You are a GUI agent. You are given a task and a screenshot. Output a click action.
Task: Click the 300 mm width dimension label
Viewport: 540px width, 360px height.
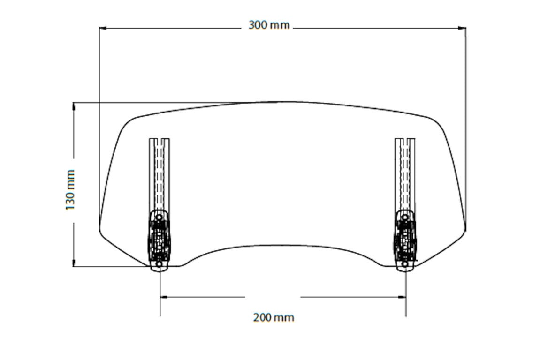(269, 25)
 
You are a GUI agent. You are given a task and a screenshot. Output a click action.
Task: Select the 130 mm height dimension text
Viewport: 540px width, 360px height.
(70, 190)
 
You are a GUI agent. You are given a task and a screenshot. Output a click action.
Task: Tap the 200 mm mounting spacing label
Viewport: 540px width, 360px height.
(274, 317)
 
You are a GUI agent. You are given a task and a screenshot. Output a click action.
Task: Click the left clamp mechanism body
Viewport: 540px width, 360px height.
(160, 239)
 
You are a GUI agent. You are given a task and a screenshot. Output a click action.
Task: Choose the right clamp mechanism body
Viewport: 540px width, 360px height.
(405, 239)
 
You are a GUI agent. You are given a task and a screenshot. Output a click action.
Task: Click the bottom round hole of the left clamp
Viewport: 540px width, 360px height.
(159, 265)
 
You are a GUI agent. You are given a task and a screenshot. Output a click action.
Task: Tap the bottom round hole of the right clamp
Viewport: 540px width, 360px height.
(405, 265)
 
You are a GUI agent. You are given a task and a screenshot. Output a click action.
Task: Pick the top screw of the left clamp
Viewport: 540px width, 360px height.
(159, 217)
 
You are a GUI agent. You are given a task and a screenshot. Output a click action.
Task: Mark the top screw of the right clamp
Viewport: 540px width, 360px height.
(405, 217)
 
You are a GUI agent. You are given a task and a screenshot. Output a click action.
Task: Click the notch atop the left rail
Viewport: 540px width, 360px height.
(160, 140)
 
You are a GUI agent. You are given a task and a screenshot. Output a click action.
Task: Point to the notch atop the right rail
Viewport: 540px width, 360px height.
(405, 140)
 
